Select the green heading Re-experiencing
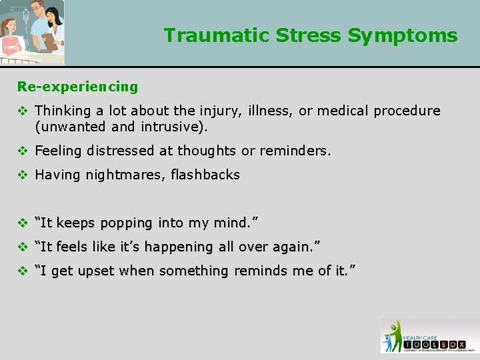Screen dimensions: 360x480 tap(77, 87)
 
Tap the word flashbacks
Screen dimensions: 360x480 tap(205, 175)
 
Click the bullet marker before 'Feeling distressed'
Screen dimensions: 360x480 tap(22, 151)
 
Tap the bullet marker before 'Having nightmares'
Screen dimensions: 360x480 tap(22, 175)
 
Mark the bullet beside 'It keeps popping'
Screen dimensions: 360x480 tap(22, 223)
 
